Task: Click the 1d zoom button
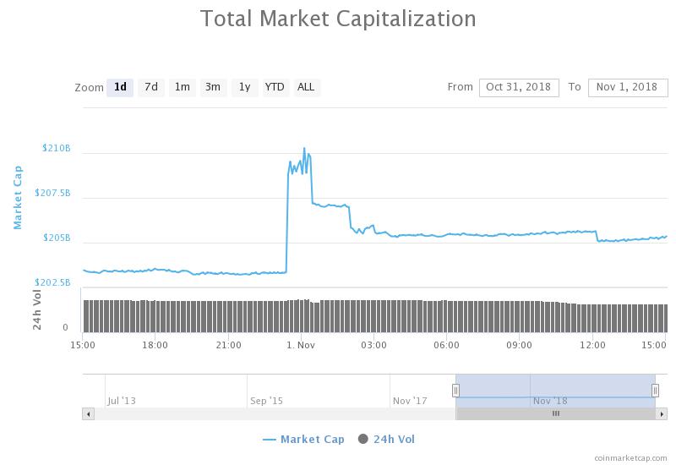(x=120, y=87)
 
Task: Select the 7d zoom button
(x=151, y=87)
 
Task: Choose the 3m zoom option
(x=213, y=87)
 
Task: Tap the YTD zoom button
(x=275, y=87)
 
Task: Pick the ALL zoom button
(x=306, y=87)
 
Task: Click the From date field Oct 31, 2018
(x=519, y=87)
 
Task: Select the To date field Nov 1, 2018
(x=627, y=87)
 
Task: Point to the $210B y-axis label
(x=56, y=149)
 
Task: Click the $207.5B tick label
(x=52, y=193)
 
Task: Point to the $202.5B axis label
(x=52, y=282)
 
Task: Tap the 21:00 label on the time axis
(x=228, y=345)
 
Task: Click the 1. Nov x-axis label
(x=301, y=345)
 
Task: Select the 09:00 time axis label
(x=519, y=345)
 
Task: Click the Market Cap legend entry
(x=304, y=440)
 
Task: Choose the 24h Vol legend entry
(x=386, y=440)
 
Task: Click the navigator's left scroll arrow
(x=89, y=414)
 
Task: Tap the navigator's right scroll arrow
(x=662, y=414)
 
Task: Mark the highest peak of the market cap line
(x=304, y=149)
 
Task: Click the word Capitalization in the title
(x=406, y=19)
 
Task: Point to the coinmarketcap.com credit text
(x=630, y=457)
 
